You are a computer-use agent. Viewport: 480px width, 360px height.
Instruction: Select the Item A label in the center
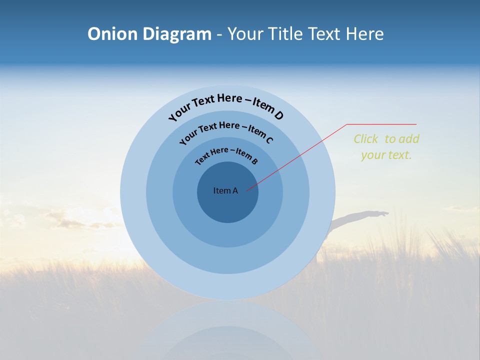225,190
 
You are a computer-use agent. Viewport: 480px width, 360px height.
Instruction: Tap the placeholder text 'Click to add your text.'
386,147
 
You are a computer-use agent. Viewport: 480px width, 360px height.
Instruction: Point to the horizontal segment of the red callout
382,124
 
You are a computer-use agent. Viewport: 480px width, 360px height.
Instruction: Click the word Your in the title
247,34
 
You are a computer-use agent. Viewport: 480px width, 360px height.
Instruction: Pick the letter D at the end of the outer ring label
278,115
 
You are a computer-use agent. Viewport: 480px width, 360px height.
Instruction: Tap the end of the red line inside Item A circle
247,190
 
